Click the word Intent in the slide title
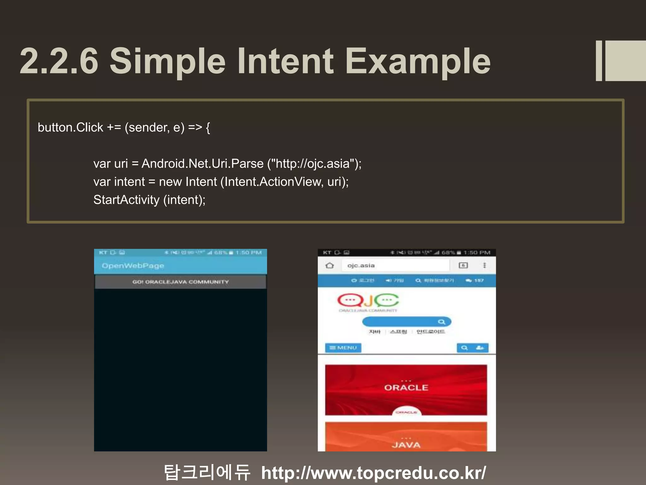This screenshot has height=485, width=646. click(285, 61)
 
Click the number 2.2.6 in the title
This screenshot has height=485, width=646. click(59, 61)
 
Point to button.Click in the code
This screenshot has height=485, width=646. click(70, 128)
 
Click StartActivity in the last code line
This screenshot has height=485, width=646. click(126, 200)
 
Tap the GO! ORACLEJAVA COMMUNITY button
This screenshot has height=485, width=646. click(180, 282)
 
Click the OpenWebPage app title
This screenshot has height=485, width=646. click(133, 266)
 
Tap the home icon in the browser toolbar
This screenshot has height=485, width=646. click(330, 265)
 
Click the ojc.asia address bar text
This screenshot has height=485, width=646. click(361, 265)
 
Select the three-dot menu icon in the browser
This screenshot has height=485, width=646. click(484, 265)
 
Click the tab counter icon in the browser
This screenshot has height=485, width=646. click(463, 265)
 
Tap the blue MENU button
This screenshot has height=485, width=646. click(343, 348)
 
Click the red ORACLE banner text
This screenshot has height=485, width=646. click(406, 387)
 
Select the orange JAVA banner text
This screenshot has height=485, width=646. click(406, 445)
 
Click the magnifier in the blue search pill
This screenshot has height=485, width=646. click(441, 322)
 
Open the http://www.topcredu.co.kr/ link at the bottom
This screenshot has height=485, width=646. click(373, 473)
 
